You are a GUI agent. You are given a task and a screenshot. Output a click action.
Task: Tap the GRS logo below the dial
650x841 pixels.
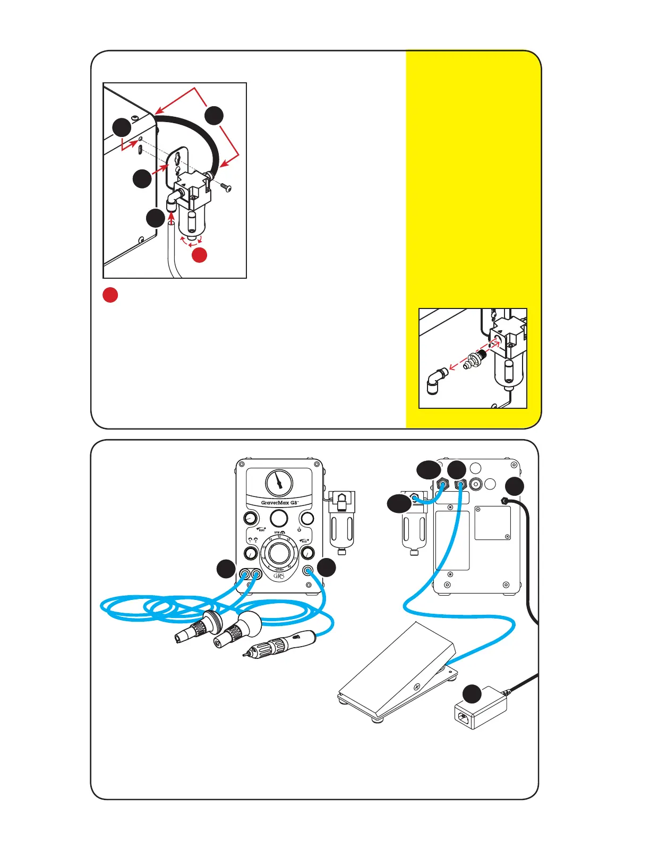coord(279,576)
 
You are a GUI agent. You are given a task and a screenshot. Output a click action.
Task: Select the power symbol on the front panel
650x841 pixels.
coord(299,530)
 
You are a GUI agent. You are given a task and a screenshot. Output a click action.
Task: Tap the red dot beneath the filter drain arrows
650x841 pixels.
coord(199,255)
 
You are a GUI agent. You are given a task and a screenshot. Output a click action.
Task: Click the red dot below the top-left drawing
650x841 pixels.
coord(110,295)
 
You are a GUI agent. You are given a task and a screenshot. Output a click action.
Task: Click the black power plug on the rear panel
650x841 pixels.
coord(503,500)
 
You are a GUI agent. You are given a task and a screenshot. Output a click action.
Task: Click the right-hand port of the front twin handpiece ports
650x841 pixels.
coord(257,574)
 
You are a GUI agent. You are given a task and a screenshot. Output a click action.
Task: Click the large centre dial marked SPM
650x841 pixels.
coord(279,553)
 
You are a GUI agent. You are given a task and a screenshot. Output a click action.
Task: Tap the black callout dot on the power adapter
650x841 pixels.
coord(472,693)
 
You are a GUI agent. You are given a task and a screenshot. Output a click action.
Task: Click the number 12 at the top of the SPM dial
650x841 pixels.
coord(279,537)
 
